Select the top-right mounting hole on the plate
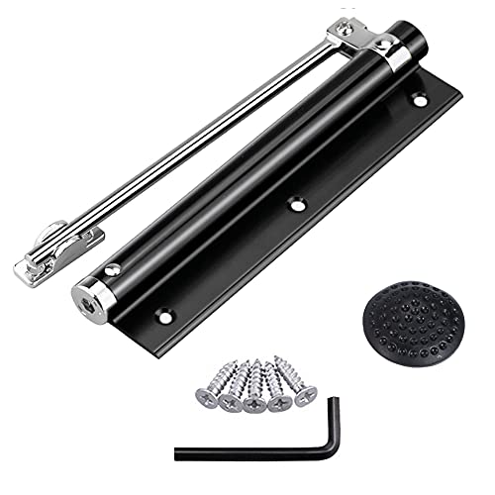click(419, 100)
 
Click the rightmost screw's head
click(305, 400)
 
